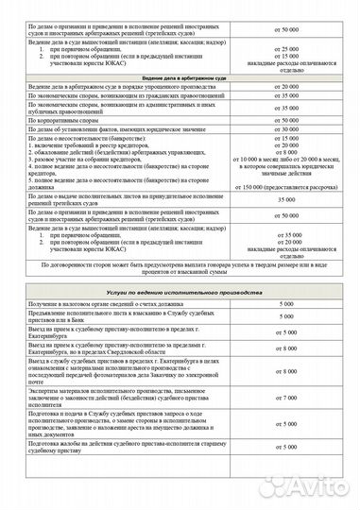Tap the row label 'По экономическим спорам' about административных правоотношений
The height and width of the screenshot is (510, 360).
click(123, 108)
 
